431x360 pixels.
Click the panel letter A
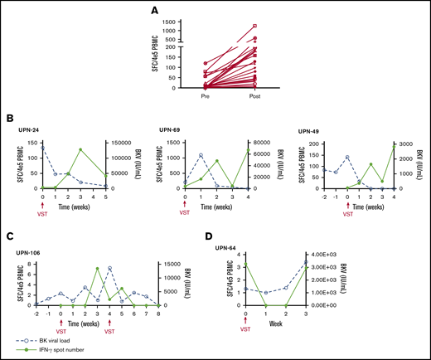coord(214,12)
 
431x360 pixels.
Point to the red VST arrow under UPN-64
coord(245,319)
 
